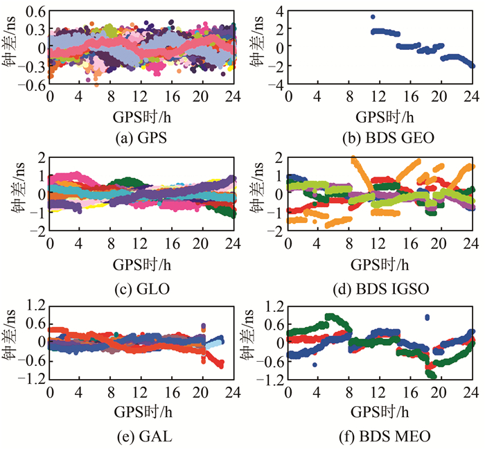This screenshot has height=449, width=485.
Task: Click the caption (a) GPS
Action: click(x=142, y=137)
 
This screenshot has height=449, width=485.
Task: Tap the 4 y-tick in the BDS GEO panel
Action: click(x=279, y=9)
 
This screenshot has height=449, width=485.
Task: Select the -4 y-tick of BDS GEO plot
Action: click(x=276, y=85)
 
